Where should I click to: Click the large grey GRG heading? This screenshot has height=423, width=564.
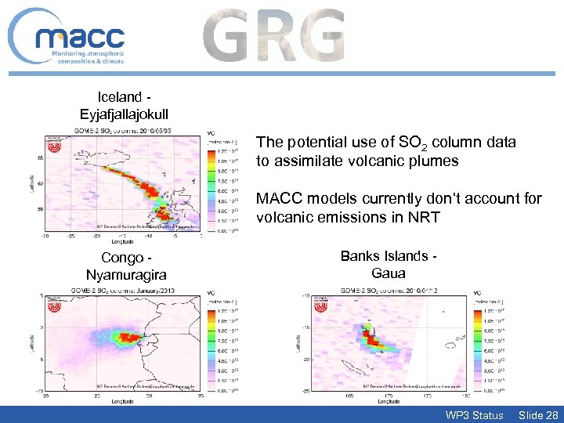point(273,36)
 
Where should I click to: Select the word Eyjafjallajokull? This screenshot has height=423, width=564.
point(124,114)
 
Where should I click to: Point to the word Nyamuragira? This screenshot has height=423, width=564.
point(123,274)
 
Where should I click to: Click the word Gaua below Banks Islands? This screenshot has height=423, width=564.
point(388,273)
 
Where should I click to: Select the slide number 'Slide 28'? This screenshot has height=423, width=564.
point(538,414)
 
